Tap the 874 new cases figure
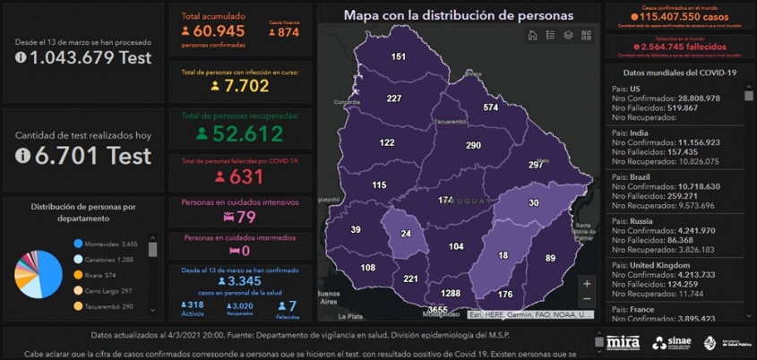point(287,32)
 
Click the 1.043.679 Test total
point(83,57)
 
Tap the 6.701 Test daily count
point(83,155)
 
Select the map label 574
point(490,107)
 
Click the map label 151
point(398,56)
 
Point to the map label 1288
point(451,293)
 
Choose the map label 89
point(550,258)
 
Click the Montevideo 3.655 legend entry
point(111,244)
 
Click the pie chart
point(38,274)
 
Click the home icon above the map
point(532,35)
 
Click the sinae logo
point(671,342)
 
